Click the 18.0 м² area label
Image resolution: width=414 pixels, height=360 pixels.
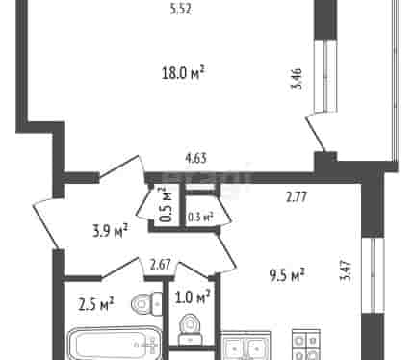click(183, 73)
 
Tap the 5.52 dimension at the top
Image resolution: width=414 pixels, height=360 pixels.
click(181, 10)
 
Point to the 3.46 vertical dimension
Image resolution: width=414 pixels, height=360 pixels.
click(297, 78)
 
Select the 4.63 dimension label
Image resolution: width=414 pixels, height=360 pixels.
click(195, 158)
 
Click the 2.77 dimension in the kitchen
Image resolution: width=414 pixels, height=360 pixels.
click(297, 196)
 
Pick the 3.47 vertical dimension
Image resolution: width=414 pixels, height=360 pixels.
click(347, 271)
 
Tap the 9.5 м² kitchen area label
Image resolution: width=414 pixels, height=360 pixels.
click(287, 276)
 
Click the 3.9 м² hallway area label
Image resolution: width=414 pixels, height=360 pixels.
click(111, 231)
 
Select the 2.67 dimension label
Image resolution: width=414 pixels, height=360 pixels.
click(161, 266)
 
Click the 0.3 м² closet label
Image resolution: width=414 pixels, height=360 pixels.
click(200, 218)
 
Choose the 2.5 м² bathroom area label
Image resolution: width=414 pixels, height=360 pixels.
click(96, 304)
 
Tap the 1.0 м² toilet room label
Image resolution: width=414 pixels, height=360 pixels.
click(193, 297)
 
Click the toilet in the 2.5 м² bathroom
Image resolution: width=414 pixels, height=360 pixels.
click(147, 303)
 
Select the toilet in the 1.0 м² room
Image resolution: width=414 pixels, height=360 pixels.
click(191, 329)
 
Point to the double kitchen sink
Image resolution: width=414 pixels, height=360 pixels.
click(246, 347)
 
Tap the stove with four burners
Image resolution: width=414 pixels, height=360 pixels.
click(306, 346)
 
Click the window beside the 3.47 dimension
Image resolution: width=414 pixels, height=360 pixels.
click(373, 275)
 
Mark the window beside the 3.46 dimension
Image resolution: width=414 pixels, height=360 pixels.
click(326, 76)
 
